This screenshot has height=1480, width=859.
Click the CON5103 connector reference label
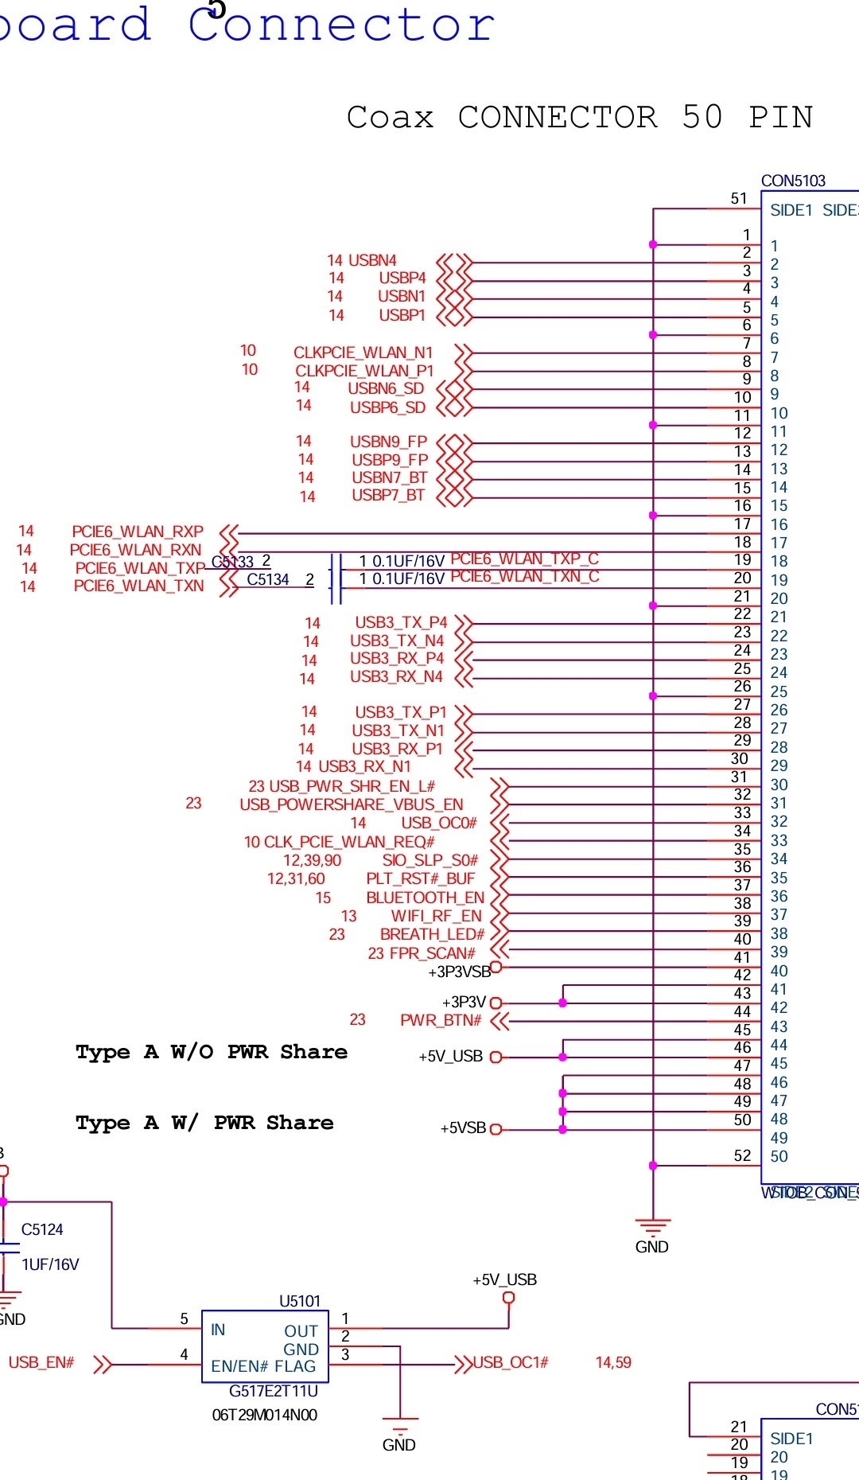coord(793,181)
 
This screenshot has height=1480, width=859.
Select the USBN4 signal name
coord(372,260)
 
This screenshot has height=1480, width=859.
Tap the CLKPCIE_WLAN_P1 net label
coord(364,371)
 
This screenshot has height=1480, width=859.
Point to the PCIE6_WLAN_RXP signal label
coord(138,532)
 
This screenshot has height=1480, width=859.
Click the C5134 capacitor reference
coord(268,579)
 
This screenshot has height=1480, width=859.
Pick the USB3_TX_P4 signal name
coord(401,622)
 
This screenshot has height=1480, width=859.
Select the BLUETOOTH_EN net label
coord(425,898)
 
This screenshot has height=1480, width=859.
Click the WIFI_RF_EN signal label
coord(436,916)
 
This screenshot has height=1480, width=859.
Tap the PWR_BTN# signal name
coord(441,1020)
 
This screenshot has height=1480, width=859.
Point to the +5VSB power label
coord(463,1128)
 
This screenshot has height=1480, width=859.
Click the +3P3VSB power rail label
coord(459,972)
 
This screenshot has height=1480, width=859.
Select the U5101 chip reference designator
coord(300,1301)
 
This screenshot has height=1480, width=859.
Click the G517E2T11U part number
coord(273,1391)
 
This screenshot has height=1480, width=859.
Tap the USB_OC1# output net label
coord(511,1362)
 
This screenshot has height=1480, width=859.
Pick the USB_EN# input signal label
coord(41,1362)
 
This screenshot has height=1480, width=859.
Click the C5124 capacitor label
coord(42,1229)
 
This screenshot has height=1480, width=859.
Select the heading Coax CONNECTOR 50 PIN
coord(579,118)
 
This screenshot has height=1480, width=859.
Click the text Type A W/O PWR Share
coord(212,1052)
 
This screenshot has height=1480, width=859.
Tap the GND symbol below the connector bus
coord(652,1229)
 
